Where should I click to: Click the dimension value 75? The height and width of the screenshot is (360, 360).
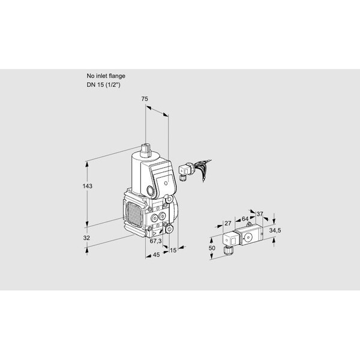click(145, 99)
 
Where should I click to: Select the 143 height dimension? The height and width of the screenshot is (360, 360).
click(88, 186)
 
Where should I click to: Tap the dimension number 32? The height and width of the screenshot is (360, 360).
click(86, 238)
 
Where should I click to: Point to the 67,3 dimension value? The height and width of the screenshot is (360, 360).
click(155, 241)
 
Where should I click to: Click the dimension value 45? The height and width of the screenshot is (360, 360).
click(156, 254)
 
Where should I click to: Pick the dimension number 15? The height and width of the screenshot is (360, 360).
click(173, 250)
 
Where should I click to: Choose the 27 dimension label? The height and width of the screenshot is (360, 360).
click(228, 223)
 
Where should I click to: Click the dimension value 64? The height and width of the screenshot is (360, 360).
click(245, 218)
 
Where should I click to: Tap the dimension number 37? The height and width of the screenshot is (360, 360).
click(260, 214)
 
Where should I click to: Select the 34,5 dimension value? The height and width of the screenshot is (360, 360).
click(275, 230)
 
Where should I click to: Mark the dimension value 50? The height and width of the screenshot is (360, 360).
click(212, 248)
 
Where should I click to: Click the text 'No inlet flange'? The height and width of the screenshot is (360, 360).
click(106, 76)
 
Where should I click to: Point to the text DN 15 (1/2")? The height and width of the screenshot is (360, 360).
click(103, 85)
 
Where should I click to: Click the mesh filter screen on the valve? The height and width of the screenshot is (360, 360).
click(134, 214)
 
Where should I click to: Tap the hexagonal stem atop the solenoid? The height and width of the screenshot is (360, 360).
click(145, 149)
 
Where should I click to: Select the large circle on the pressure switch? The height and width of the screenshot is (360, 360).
click(248, 237)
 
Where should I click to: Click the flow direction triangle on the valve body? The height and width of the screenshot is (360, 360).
click(154, 234)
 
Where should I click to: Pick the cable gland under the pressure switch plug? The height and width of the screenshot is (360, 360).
click(229, 250)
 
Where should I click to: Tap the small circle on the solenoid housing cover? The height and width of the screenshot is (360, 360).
click(166, 183)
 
